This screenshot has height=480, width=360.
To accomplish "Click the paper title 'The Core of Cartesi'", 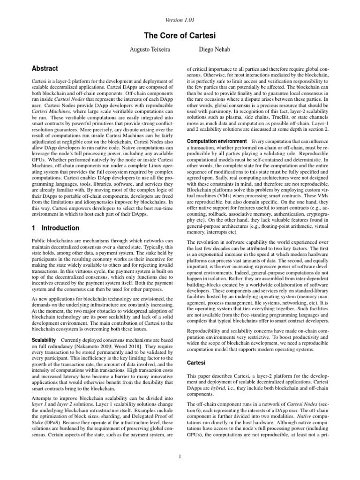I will (x=180, y=35).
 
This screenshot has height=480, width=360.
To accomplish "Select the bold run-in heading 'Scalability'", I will (x=44, y=339).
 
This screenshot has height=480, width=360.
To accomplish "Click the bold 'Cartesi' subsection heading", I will (x=197, y=363).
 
